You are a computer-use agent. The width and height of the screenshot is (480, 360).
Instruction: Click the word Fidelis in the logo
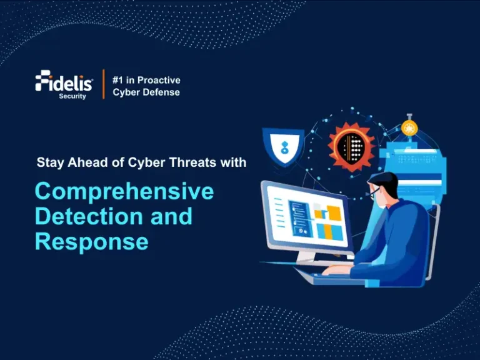pos(64,82)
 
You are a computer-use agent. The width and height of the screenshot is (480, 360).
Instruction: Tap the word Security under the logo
pos(72,96)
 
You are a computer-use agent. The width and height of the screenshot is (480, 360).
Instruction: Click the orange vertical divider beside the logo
pos(103,84)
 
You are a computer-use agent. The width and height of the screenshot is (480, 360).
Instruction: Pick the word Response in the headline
pos(91,241)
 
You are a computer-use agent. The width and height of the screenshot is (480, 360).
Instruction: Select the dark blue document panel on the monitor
pos(300,218)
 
